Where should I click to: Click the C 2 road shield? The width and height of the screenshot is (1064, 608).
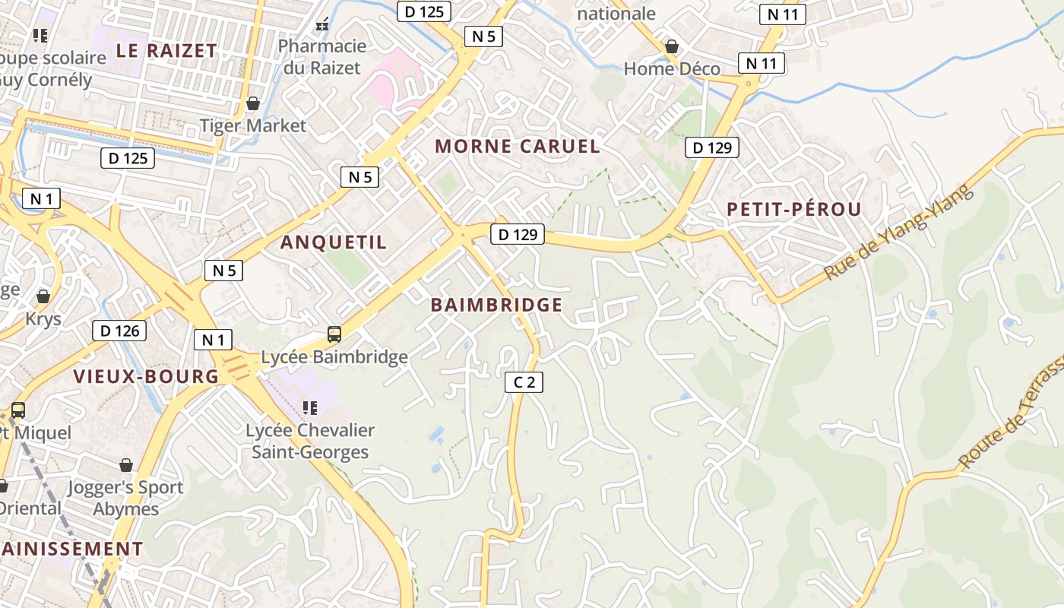click(x=524, y=382)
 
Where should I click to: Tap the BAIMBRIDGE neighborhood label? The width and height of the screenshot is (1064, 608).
click(x=496, y=305)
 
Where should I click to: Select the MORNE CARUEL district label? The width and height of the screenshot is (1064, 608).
click(x=518, y=146)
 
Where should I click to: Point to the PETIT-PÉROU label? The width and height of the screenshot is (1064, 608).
click(x=793, y=210)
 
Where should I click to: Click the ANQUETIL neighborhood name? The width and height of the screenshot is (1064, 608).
click(x=334, y=242)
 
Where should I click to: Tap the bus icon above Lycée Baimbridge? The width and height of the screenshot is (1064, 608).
click(x=334, y=334)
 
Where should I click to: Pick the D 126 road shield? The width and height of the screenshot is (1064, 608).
click(x=119, y=331)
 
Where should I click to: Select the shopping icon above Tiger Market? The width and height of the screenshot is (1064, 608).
click(x=252, y=103)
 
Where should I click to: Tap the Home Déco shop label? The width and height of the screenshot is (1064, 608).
click(x=672, y=68)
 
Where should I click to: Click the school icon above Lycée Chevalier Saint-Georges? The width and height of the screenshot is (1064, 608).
click(x=309, y=408)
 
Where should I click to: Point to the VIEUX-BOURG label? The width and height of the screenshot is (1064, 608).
click(x=146, y=376)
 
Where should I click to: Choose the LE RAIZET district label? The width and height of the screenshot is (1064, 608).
click(x=166, y=51)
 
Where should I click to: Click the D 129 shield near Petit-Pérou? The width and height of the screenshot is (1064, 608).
click(x=712, y=147)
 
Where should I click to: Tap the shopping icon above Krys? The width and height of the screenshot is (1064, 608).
click(x=43, y=296)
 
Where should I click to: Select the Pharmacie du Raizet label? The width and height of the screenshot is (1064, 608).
click(x=321, y=57)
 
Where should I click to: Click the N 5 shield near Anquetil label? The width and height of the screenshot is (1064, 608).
click(x=223, y=270)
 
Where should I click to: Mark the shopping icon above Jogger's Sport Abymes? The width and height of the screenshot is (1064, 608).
click(x=126, y=464)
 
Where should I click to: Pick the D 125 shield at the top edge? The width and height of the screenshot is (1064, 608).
click(x=425, y=11)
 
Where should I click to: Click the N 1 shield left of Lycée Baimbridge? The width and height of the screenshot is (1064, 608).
click(x=213, y=340)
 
